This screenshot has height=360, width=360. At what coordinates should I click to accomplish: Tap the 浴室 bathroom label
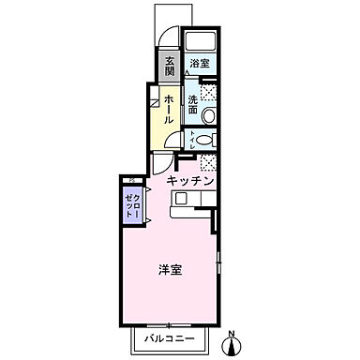point(199,63)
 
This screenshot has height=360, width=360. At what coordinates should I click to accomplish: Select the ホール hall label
point(169,109)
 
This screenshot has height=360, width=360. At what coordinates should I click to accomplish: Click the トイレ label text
point(192,141)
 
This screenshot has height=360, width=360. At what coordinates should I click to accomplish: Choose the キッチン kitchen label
point(193,179)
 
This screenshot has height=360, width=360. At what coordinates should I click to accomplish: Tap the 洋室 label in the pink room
point(170,270)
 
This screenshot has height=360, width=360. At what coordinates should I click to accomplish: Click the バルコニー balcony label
point(169,337)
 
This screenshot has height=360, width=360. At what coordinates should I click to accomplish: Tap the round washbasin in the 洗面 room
point(211,113)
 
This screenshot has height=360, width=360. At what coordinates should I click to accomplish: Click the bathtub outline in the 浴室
point(199,43)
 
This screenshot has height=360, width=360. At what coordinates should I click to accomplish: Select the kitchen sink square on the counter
point(182,198)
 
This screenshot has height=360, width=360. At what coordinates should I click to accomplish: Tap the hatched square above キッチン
point(210,161)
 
